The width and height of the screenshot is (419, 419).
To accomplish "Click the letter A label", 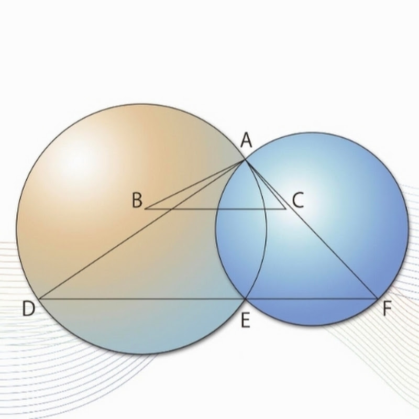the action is click(x=246, y=140).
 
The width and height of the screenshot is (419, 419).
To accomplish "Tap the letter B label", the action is click(x=137, y=201).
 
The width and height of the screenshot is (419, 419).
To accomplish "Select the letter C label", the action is click(x=298, y=201).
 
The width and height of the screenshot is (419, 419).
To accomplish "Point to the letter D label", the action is click(x=29, y=308).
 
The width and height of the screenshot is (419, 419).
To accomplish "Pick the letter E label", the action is click(x=245, y=321).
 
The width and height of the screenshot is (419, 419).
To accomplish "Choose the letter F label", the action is click(x=387, y=309).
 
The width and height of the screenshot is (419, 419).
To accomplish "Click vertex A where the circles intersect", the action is click(x=245, y=160).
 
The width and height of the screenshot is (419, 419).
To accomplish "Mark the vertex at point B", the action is click(x=145, y=209).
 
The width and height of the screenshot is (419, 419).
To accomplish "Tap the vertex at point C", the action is click(x=285, y=209).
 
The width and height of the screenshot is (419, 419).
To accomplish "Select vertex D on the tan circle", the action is click(x=39, y=299).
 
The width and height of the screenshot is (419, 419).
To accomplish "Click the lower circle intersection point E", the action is click(x=245, y=299).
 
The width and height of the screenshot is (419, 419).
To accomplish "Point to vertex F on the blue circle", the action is click(x=378, y=298).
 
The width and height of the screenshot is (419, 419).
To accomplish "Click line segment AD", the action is click(x=142, y=229).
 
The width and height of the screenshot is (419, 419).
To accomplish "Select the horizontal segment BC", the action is click(x=215, y=209).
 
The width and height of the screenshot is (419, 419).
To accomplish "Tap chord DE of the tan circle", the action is click(x=142, y=299).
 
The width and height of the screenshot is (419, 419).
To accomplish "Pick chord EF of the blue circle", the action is click(x=312, y=299).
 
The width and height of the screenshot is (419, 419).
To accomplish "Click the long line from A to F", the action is click(x=311, y=229).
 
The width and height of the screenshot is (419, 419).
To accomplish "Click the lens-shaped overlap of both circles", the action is click(x=241, y=229).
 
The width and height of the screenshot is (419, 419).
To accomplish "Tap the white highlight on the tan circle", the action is click(x=78, y=160).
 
